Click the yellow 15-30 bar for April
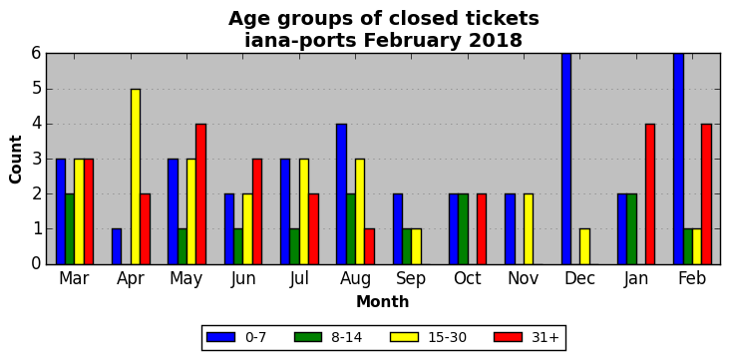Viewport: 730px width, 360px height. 136,177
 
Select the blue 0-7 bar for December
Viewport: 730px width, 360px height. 566,159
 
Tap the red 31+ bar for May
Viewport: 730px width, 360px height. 201,194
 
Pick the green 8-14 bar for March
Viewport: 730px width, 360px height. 70,229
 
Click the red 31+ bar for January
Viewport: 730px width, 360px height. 650,194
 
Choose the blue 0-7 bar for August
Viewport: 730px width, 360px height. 342,194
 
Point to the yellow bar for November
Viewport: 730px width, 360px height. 529,229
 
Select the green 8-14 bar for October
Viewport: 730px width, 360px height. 464,229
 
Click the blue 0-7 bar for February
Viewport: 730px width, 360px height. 679,159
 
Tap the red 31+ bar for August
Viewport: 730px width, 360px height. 370,246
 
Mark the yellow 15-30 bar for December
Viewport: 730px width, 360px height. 584,246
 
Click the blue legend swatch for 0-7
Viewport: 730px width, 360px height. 220,337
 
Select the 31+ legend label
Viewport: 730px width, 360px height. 545,337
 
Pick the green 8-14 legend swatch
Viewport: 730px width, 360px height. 308,337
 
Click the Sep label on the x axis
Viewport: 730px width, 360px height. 411,278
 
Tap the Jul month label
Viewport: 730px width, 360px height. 299,278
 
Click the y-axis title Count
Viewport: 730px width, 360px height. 15,160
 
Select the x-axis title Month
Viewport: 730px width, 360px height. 383,302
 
